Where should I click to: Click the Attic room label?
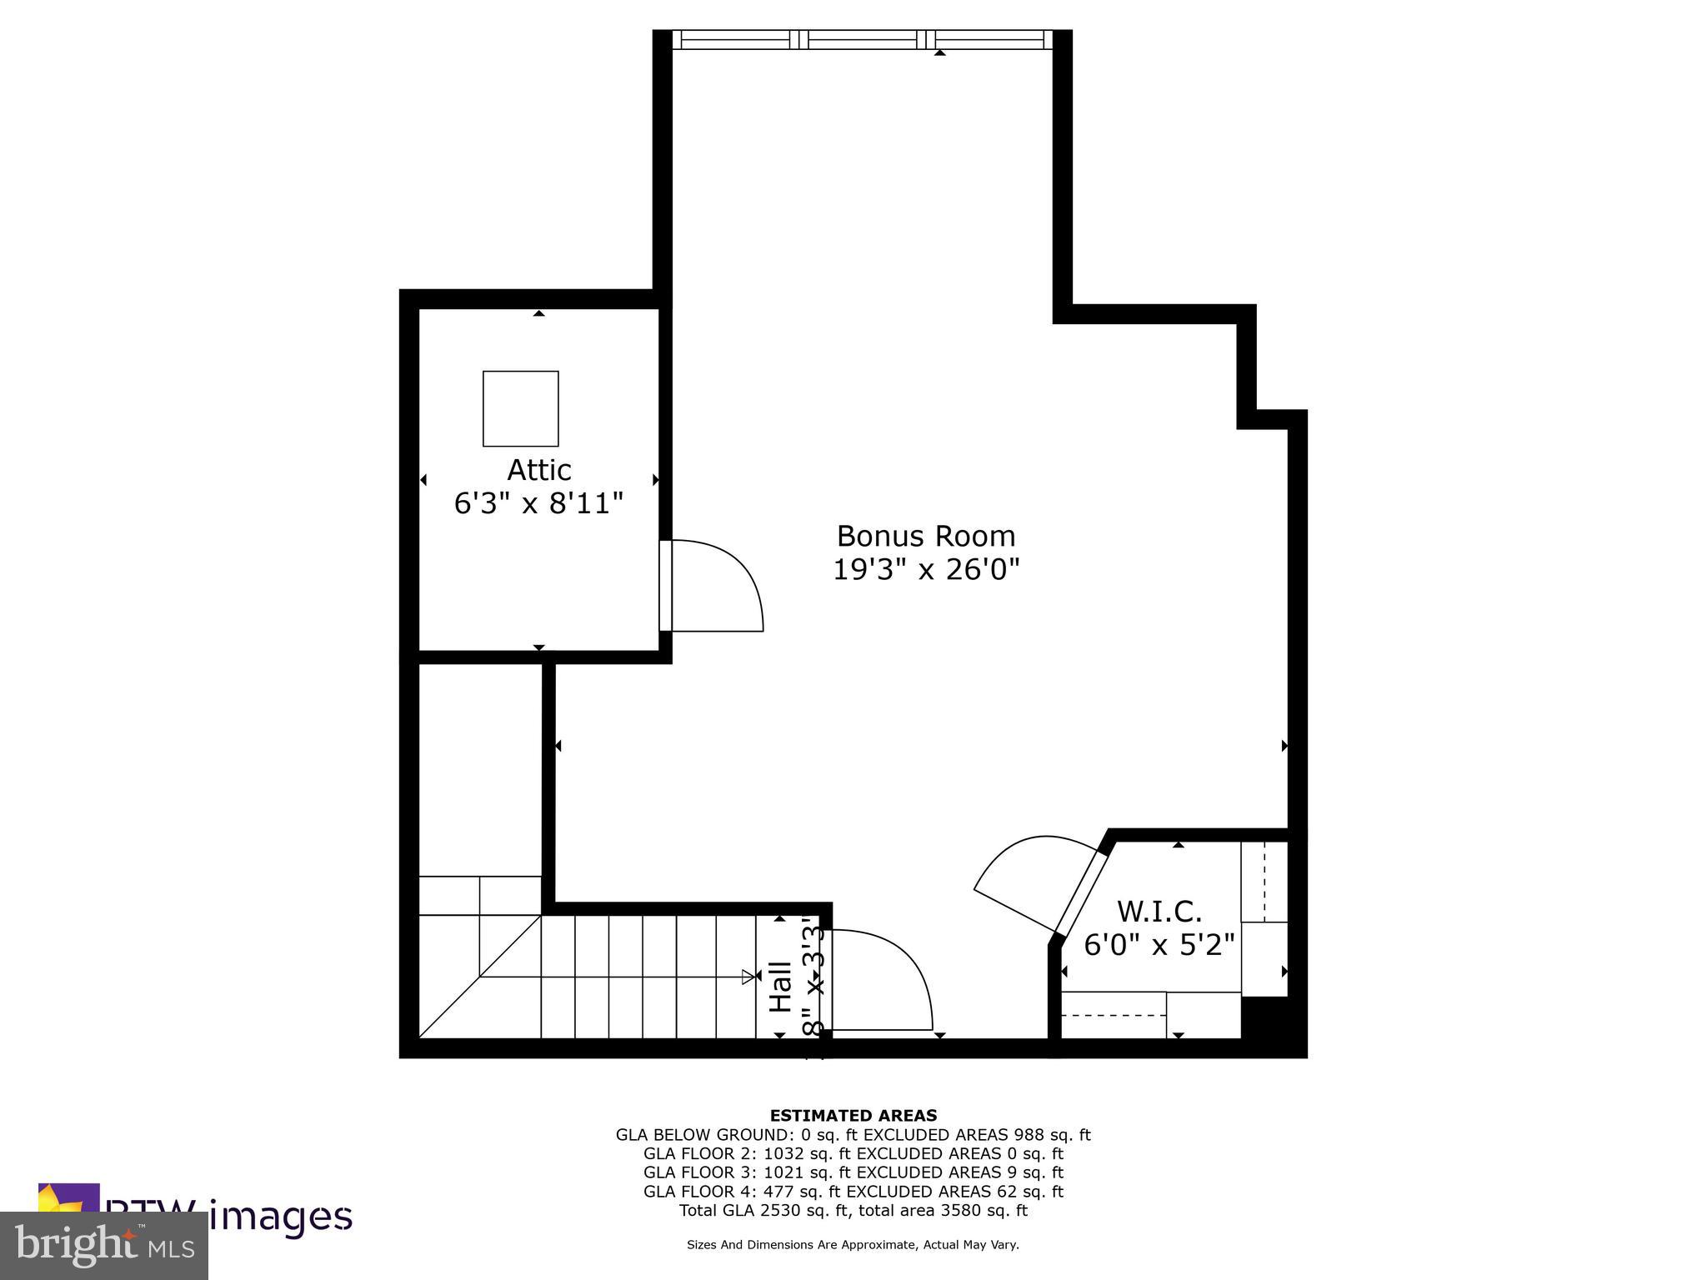[x=538, y=470]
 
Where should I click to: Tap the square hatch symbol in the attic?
[x=520, y=408]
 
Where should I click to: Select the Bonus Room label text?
[x=925, y=536]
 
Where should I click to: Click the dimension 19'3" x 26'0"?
[x=926, y=570]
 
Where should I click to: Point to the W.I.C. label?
[x=1159, y=912]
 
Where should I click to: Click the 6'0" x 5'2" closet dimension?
[x=1159, y=945]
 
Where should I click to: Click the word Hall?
[x=780, y=987]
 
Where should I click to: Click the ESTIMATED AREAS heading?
[x=853, y=1115]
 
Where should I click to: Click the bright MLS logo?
[x=104, y=1245]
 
